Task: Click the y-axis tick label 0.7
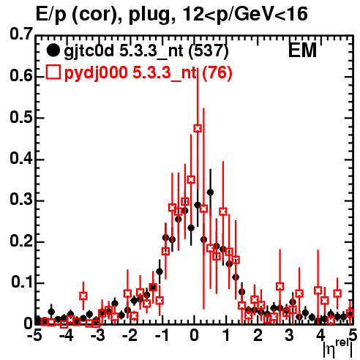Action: pos(21,34)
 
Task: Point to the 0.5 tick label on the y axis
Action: pos(21,117)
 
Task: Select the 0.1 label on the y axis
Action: pos(22,282)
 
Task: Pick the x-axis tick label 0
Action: pos(194,335)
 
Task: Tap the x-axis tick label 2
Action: pos(258,335)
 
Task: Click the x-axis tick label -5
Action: pos(34,335)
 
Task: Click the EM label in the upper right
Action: pos(302,50)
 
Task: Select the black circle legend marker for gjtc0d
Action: pos(53,50)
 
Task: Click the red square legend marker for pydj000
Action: pos(53,72)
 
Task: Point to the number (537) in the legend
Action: pos(209,51)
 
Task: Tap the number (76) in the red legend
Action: pos(217,72)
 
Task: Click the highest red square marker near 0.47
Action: pos(198,128)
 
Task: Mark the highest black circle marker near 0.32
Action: pos(210,192)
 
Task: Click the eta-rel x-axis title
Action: pos(338,349)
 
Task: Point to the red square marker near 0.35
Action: pos(191,179)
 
